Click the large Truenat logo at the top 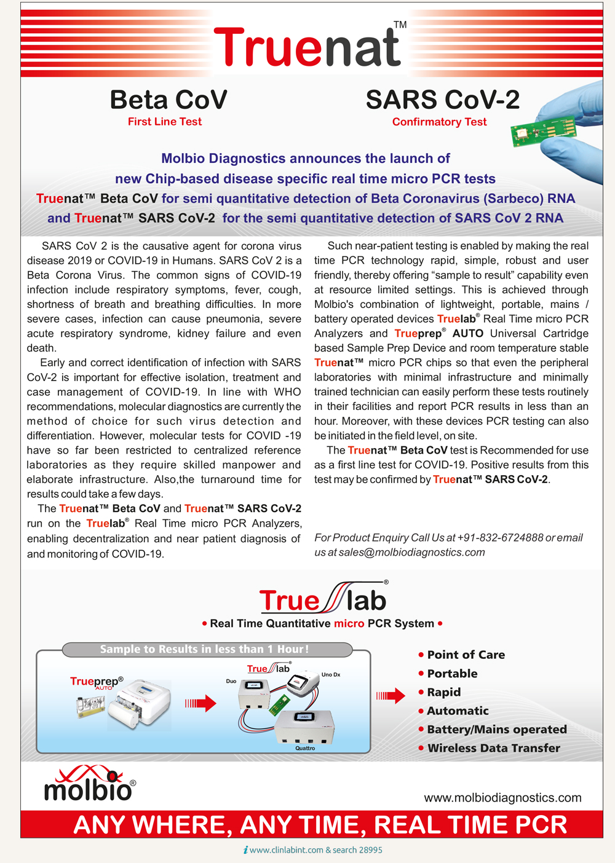(x=307, y=48)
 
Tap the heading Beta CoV (x=169, y=100)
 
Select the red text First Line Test (x=165, y=122)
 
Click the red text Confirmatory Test (x=439, y=122)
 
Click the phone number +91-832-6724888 (x=500, y=538)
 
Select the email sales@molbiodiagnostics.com (x=411, y=553)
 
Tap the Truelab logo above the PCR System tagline (x=323, y=598)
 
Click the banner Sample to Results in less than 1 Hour (x=205, y=649)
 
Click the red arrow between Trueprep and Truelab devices (x=201, y=703)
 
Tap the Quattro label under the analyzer (x=305, y=748)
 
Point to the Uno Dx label (x=331, y=675)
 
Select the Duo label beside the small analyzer (x=231, y=681)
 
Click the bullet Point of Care (x=466, y=655)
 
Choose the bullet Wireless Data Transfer (x=493, y=748)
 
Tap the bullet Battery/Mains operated (x=496, y=730)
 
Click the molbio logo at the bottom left (x=90, y=784)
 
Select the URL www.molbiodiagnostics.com (x=502, y=798)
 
